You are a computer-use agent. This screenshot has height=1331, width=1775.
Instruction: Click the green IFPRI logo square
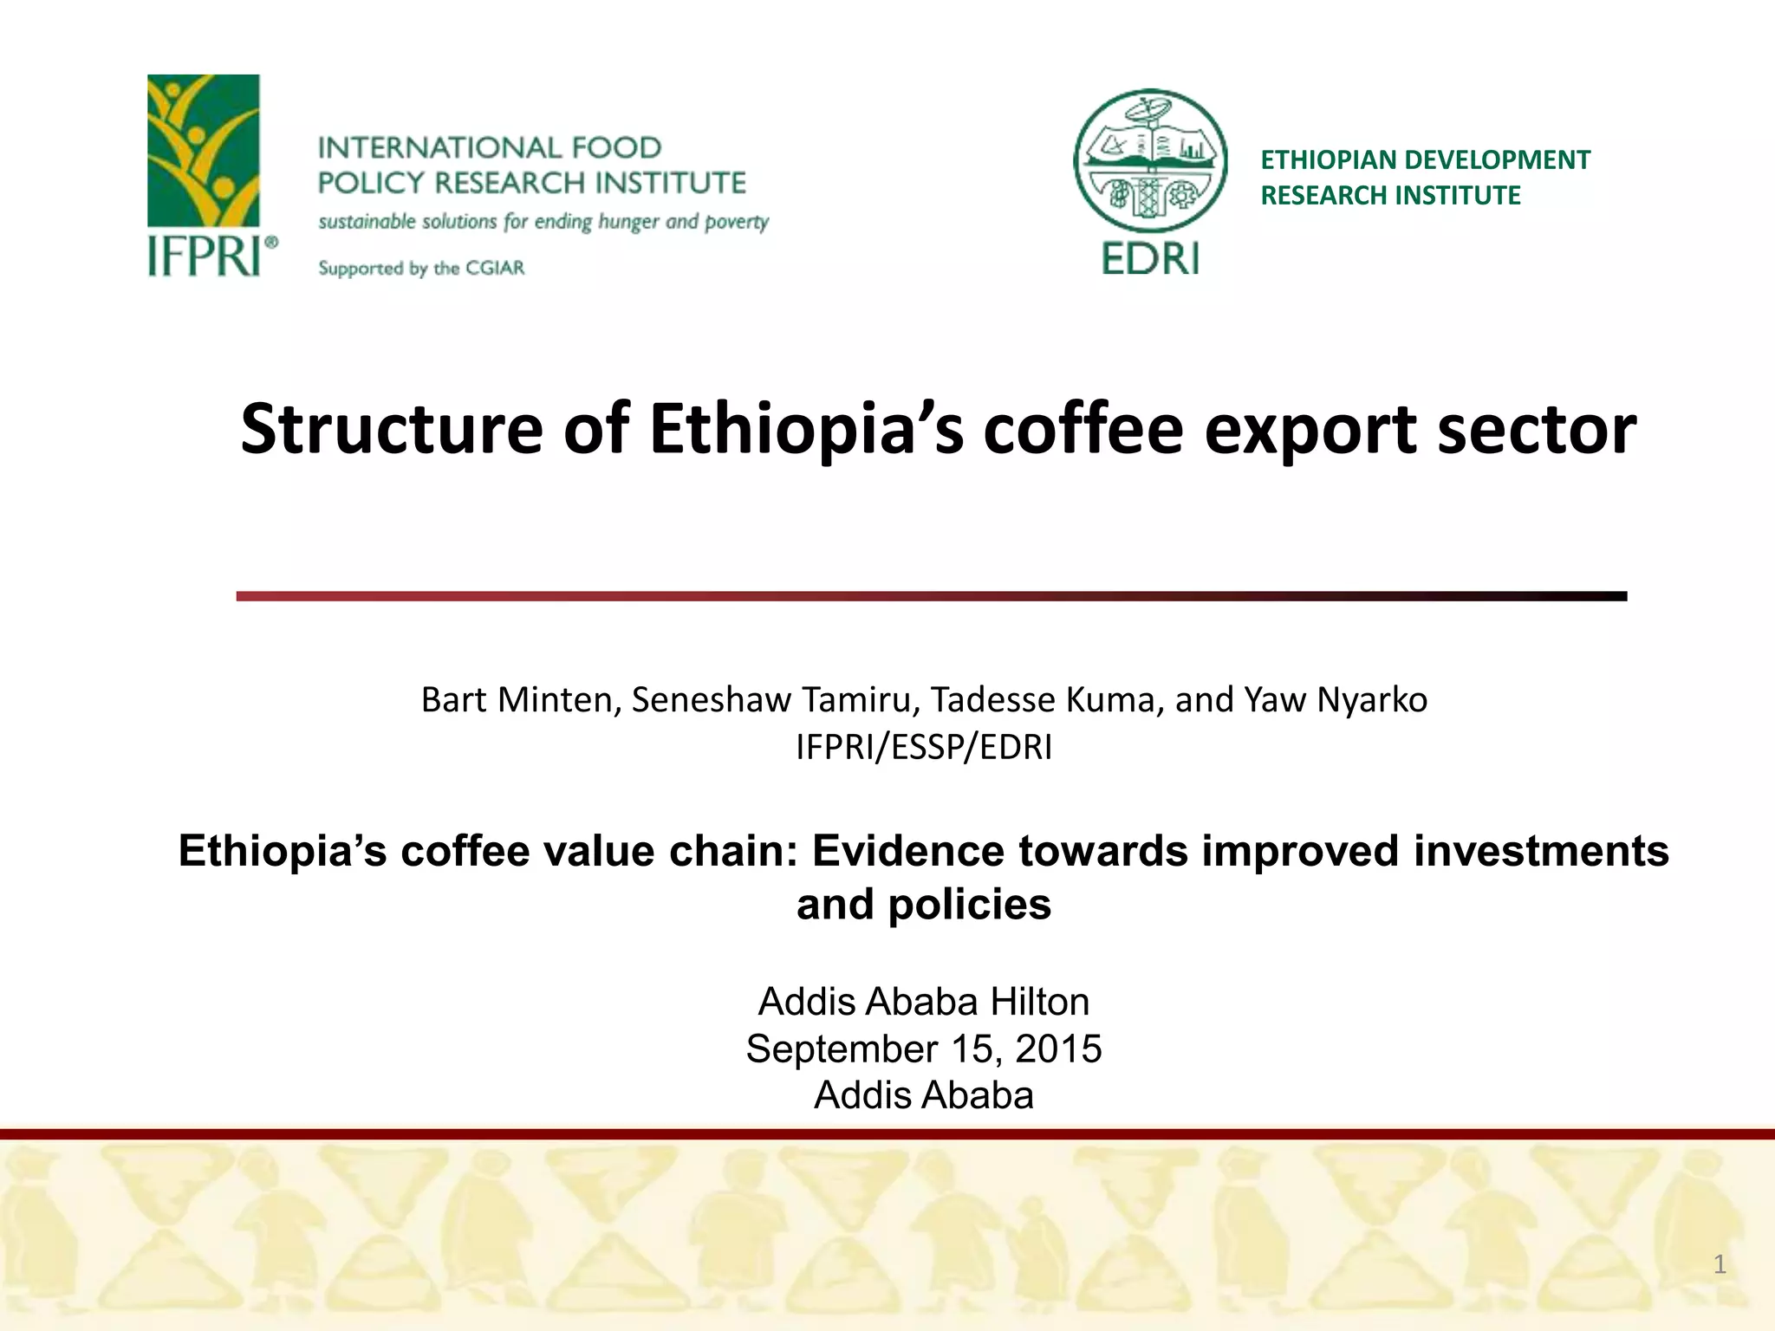coord(203,151)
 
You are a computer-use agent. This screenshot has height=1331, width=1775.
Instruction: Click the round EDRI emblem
coord(1150,161)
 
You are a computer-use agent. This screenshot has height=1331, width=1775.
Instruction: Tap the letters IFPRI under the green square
coord(205,256)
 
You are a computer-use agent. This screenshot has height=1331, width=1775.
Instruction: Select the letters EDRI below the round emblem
coord(1150,258)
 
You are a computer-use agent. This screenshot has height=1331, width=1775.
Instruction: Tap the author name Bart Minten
coord(517,699)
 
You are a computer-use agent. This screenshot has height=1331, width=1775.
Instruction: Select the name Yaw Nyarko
coord(1336,699)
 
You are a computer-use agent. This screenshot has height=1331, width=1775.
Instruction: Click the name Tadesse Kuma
coord(1046,699)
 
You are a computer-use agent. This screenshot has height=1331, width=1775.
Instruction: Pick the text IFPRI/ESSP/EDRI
coord(924,747)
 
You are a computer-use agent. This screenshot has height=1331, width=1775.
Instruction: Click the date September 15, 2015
coord(924,1049)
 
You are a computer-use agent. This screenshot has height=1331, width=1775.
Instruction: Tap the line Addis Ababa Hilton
coord(924,1002)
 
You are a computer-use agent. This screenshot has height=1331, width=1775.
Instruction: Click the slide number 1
coord(1720,1264)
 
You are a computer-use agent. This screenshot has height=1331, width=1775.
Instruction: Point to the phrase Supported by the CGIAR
coord(421,268)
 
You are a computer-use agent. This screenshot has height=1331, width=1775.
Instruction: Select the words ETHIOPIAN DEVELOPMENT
coord(1425,160)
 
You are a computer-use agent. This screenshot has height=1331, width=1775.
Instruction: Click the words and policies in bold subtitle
coord(924,905)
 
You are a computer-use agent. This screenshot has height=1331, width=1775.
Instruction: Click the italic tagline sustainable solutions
coord(543,222)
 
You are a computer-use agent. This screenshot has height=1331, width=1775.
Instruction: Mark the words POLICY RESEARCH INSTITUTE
coord(531,183)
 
